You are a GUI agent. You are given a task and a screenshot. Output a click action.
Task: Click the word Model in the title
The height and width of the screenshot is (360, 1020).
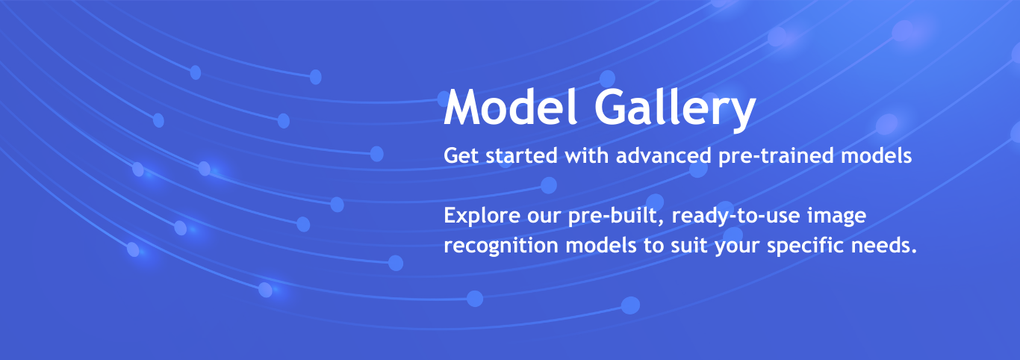[511, 107]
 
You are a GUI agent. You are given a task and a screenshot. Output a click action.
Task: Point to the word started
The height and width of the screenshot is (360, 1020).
[521, 155]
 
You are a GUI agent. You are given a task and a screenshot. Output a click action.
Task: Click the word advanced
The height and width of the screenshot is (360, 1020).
[664, 155]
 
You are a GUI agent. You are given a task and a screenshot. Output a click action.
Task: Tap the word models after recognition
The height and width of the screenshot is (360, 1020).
[601, 245]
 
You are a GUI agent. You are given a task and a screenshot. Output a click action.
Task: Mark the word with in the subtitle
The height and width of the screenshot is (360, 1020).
[587, 155]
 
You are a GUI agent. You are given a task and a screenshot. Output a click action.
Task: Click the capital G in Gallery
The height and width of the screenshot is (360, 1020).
[610, 107]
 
